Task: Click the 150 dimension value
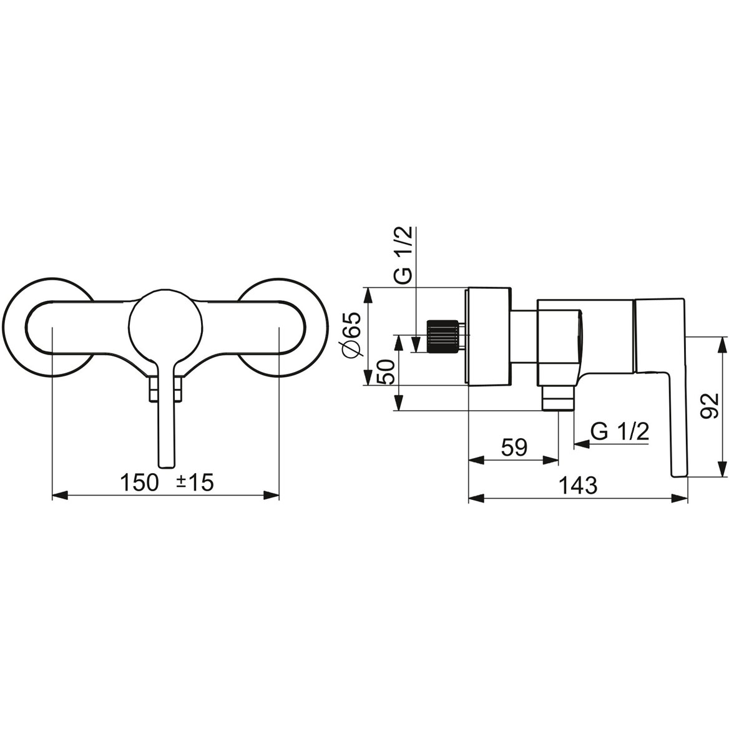point(140,483)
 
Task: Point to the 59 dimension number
point(514,448)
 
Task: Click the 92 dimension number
point(709,406)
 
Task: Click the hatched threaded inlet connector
point(443,336)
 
